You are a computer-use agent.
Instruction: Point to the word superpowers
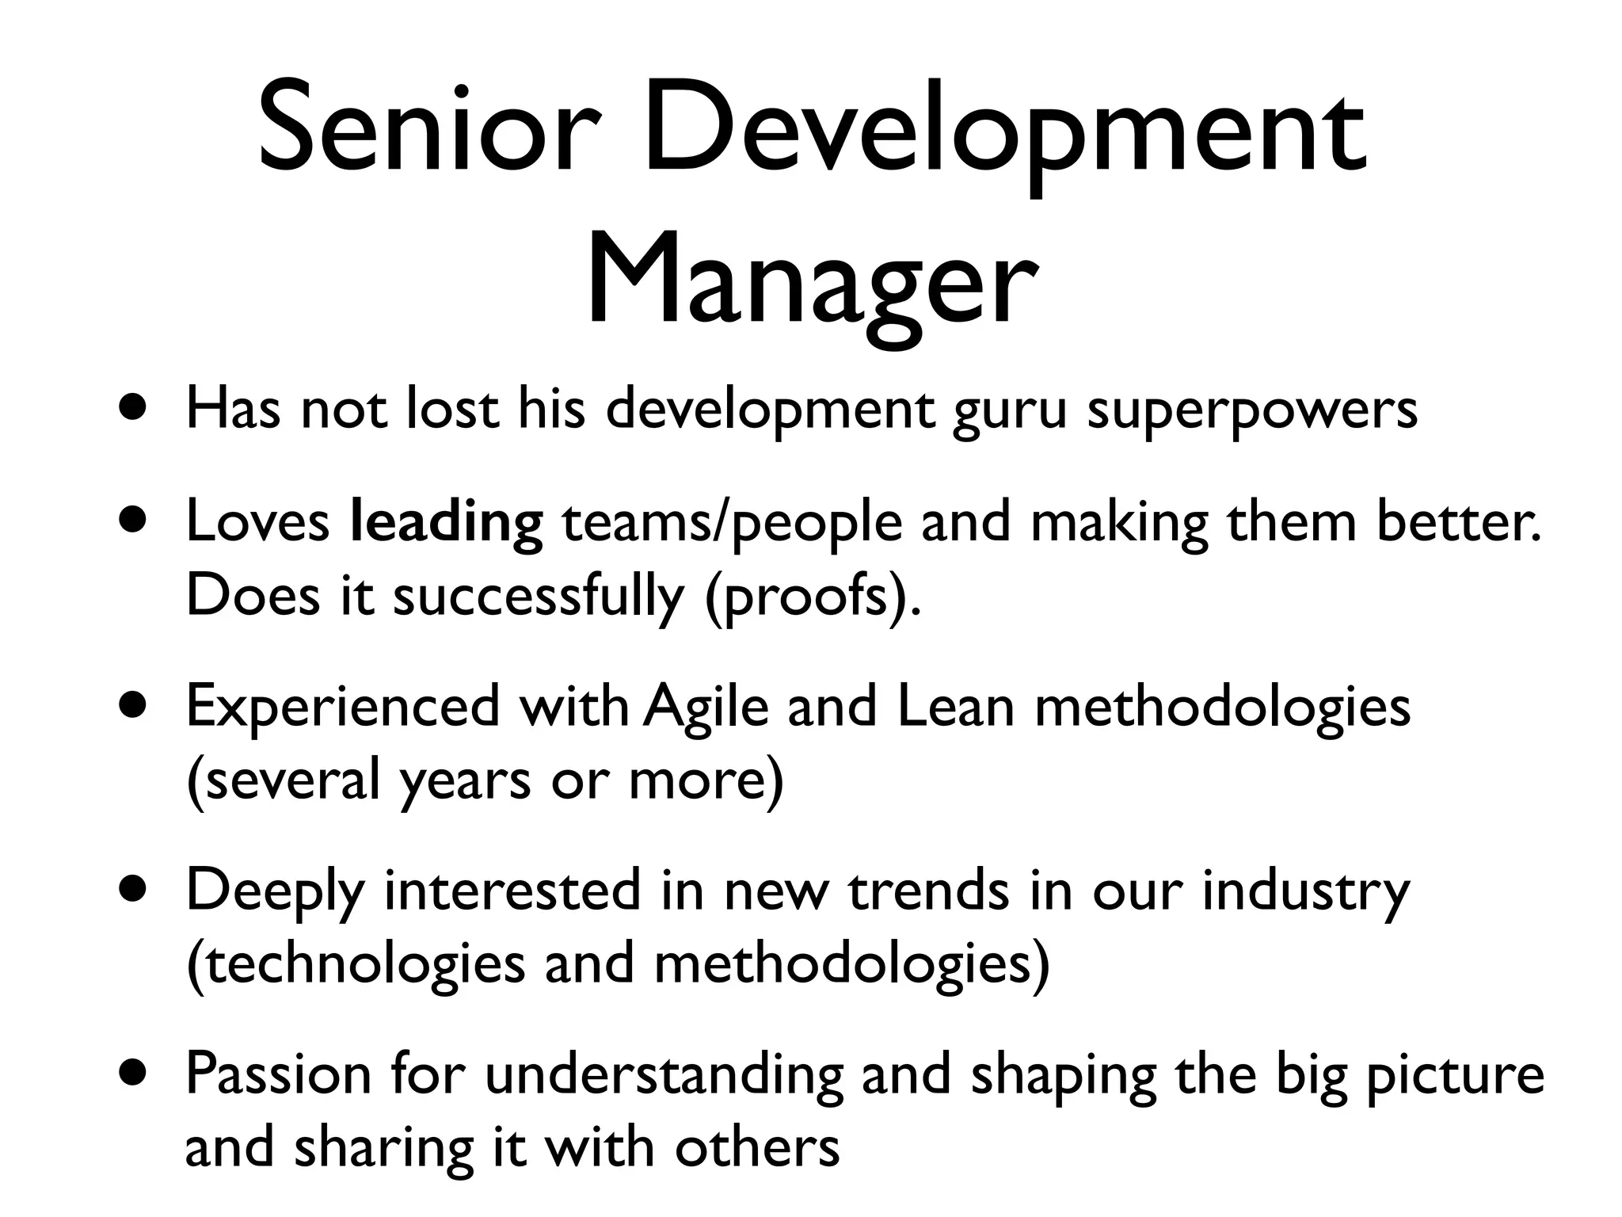click(x=1251, y=412)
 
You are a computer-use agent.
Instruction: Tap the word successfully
click(x=538, y=597)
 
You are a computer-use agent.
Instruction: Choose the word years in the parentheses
click(x=464, y=781)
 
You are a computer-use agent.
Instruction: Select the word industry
click(x=1306, y=892)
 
